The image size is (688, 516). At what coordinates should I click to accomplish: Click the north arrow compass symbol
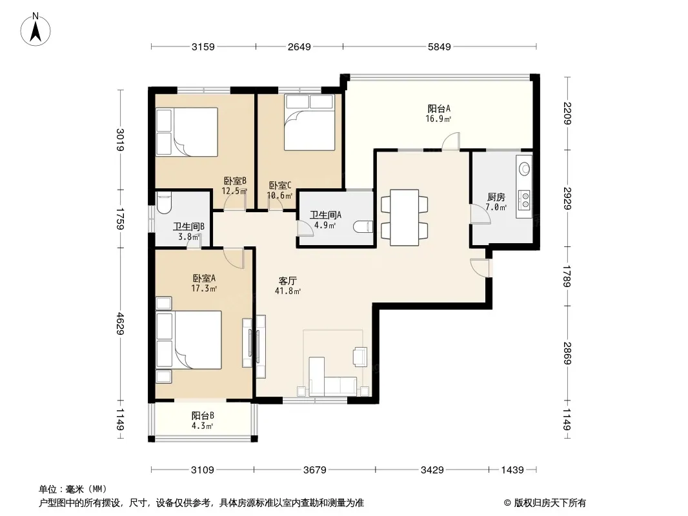pos(35,30)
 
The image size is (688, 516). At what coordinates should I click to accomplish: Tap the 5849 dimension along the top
pos(440,46)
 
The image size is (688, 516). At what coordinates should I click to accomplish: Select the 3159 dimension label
pos(203,46)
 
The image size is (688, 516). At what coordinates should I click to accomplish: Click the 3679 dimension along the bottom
pos(314,470)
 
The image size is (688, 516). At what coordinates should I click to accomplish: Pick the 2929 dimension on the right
pos(567,198)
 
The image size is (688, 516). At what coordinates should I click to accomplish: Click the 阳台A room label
pos(439,109)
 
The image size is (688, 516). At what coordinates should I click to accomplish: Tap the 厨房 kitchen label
pos(496,197)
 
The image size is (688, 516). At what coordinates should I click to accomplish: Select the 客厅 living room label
pos(287,281)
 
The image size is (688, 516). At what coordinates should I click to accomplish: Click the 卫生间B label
pos(188,226)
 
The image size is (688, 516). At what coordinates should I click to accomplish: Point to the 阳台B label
pos(203,415)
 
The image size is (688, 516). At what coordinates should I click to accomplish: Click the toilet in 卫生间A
pos(363,226)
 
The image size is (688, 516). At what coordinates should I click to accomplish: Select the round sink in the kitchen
pos(524,168)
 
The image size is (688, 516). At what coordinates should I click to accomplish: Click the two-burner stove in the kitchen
pos(524,199)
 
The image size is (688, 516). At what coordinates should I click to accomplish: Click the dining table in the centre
pos(404,217)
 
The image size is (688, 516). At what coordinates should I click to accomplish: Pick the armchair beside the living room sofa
pos(360,356)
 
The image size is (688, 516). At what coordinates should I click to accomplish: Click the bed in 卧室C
pos(309,123)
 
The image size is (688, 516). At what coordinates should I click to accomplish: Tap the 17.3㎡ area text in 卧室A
pos(204,288)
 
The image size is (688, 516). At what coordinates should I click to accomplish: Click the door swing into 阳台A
pos(450,141)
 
